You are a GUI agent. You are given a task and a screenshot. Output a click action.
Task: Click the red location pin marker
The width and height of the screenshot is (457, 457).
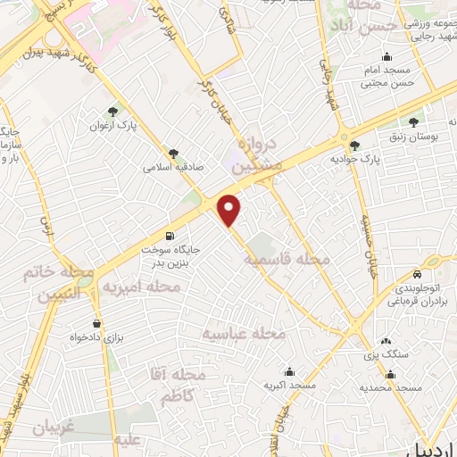[230, 210]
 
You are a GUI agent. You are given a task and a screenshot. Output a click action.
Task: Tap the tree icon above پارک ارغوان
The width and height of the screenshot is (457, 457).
[112, 112]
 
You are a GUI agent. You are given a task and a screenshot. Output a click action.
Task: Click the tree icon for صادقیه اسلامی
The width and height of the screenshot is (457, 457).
[173, 153]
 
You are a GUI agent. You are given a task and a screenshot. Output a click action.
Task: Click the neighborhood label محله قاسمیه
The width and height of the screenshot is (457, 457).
[287, 258]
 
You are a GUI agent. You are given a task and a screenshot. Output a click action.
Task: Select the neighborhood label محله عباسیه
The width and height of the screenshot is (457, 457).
[243, 333]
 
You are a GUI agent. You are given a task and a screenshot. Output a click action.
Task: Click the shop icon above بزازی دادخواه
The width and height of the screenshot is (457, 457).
[96, 323]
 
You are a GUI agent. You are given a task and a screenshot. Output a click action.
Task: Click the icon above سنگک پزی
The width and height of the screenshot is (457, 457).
[386, 341]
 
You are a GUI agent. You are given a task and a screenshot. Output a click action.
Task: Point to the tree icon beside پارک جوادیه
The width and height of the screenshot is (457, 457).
[355, 145]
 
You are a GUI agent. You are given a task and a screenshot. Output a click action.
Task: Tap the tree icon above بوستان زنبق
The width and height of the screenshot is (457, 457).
[412, 121]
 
